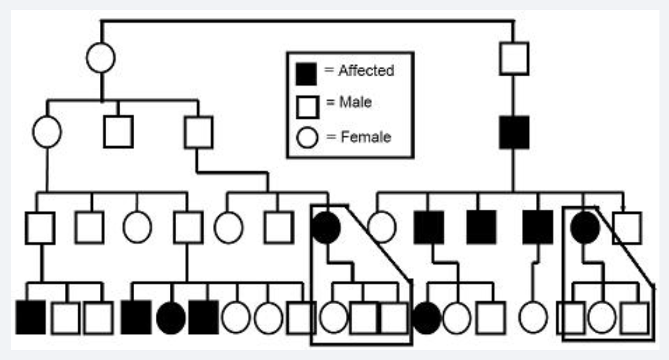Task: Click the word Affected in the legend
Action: [366, 71]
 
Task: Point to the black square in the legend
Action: [306, 73]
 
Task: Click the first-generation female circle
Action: [100, 58]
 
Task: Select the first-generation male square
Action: [514, 58]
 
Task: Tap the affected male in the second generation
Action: [514, 132]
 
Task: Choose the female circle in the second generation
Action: [47, 132]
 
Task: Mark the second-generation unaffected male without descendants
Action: [118, 132]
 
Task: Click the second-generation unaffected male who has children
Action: [198, 132]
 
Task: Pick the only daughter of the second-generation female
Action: [137, 227]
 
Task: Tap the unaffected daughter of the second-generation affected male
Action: [382, 227]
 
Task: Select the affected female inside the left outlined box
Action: [326, 227]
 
